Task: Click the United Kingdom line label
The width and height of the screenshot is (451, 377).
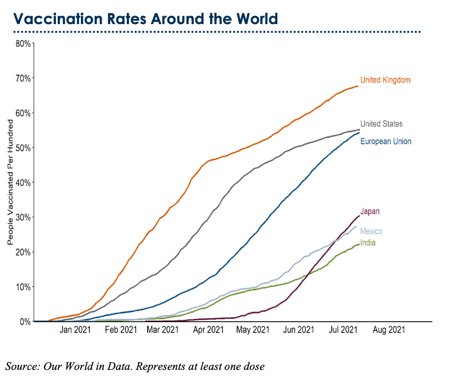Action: pos(385,80)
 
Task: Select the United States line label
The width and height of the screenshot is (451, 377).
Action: pos(381,124)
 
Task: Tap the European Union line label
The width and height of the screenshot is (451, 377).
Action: pos(386,141)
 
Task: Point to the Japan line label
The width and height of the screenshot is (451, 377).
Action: pos(370,211)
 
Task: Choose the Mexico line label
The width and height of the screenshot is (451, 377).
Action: pos(371,231)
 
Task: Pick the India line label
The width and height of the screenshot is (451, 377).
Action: pos(368,243)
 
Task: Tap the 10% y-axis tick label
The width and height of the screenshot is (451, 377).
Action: pos(23,287)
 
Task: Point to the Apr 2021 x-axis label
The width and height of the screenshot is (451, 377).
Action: pos(209,330)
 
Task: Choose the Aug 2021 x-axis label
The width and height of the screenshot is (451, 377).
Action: pos(389,330)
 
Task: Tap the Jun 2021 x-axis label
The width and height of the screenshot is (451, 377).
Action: pos(299,330)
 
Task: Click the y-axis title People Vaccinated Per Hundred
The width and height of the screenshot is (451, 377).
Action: pos(10,182)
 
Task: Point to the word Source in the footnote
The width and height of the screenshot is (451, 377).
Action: pos(21,366)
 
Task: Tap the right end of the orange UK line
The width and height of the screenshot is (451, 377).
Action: pos(358,86)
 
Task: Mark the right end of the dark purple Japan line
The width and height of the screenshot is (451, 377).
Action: pos(359,216)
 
